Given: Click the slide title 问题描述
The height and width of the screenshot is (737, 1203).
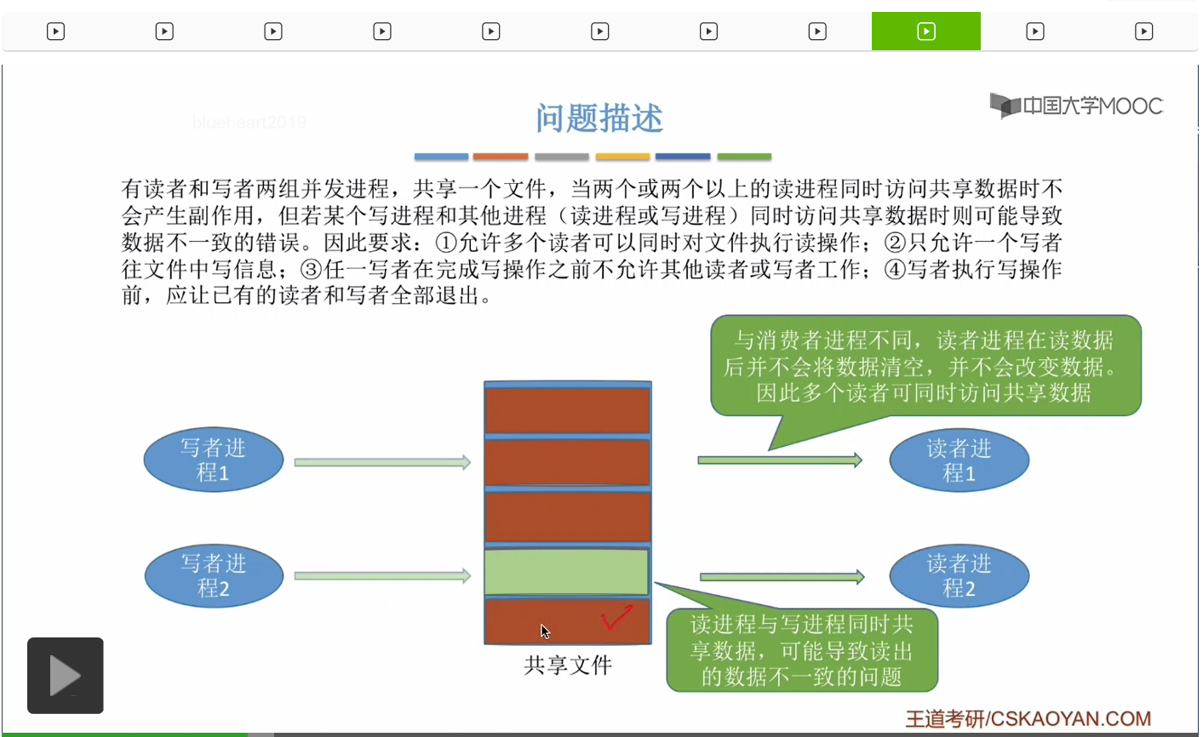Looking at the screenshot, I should [x=599, y=118].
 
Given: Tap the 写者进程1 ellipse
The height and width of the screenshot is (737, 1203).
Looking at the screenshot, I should [x=213, y=460].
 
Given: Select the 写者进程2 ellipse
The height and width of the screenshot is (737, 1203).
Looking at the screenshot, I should [x=214, y=576].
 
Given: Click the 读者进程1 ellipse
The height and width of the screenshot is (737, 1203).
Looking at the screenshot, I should [x=959, y=460].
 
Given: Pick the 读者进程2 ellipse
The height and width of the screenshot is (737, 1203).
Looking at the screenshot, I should [x=959, y=576].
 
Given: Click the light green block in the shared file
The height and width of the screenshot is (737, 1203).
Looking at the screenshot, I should [x=567, y=572].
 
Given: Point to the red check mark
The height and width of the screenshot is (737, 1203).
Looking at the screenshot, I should [x=616, y=619].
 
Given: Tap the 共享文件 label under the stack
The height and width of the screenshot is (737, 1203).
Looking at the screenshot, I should [x=568, y=665].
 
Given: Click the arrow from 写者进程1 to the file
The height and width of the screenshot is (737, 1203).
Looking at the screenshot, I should [x=382, y=462].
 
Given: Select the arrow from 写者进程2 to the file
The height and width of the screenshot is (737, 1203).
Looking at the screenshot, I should [x=382, y=576].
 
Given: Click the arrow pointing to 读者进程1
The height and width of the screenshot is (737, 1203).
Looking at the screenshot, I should [x=779, y=460].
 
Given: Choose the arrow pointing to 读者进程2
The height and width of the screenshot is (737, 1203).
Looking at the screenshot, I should [x=782, y=577].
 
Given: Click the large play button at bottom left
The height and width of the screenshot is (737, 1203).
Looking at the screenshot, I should [x=66, y=676].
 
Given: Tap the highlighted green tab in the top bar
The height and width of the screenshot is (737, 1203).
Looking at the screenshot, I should [x=925, y=31].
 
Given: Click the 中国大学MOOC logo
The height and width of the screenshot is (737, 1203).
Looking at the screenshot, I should [x=1076, y=106].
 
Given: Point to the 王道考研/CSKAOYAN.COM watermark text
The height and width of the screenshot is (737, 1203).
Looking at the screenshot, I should [x=1028, y=719].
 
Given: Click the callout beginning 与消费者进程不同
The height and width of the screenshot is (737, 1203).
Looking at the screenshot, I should [x=925, y=366].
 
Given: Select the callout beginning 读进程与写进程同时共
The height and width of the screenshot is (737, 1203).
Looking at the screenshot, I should [x=801, y=650].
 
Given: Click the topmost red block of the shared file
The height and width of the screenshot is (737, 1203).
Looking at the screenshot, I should [x=567, y=410].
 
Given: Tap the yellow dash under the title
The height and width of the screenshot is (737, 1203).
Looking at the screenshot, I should [x=622, y=157].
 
